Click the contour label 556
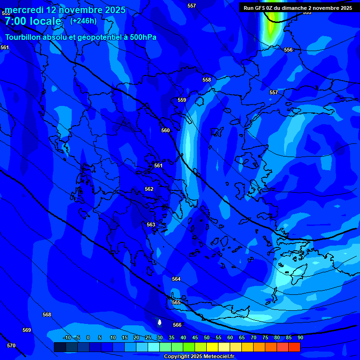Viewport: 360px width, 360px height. (288, 50)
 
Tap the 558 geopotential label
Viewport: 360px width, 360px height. (207, 80)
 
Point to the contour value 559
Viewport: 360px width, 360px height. (182, 100)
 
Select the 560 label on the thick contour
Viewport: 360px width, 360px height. (165, 130)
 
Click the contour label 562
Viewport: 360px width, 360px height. (149, 189)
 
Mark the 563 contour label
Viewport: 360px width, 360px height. (151, 225)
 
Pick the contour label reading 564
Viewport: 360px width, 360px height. (176, 279)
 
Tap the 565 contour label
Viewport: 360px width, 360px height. (176, 302)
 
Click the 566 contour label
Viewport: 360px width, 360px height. (177, 325)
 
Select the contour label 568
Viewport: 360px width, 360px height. (47, 315)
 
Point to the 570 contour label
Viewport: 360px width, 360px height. (11, 345)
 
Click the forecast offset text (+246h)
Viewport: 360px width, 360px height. (83, 21)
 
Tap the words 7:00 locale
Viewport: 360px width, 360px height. (33, 21)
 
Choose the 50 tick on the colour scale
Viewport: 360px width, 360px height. (207, 337)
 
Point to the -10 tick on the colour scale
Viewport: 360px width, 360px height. (67, 337)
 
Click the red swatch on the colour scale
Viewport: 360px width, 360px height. (294, 347)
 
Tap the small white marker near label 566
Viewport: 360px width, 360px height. (160, 322)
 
